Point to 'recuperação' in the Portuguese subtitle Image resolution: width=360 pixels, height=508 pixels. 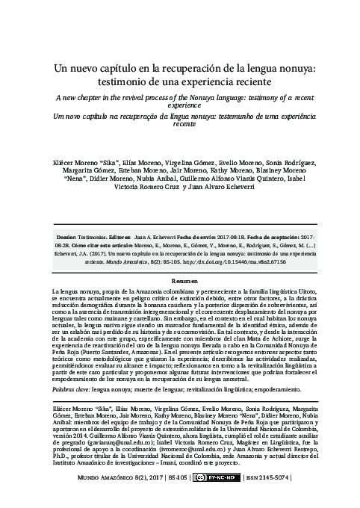coord(149,118)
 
